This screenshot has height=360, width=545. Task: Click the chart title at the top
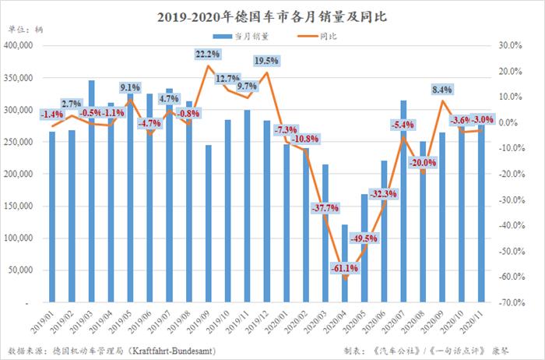pos(272,16)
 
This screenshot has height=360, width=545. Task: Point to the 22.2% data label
pos(208,54)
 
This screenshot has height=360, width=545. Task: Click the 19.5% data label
pos(266,61)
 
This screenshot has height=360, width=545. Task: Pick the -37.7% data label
pos(324,208)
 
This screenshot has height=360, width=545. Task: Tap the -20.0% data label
pos(424,162)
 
